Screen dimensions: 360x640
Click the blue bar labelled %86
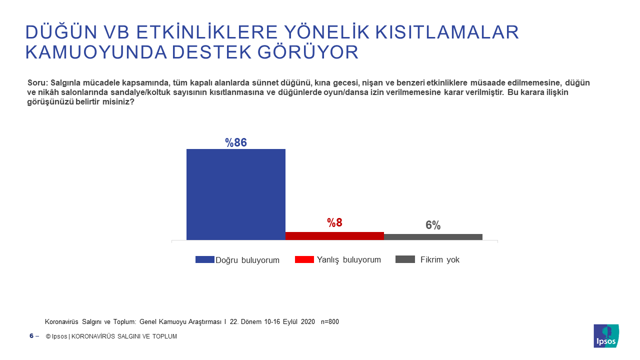coord(236,194)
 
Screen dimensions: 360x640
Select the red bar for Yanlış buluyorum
coord(334,236)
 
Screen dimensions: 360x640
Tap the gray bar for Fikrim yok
coord(433,237)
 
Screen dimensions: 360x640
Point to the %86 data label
coord(236,142)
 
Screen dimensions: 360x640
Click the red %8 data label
coord(334,223)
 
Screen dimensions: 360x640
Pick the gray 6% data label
coord(433,225)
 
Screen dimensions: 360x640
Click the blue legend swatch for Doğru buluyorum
coord(204,259)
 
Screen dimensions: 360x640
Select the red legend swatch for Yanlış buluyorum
coord(304,259)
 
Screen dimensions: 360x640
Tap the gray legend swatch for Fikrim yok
coord(405,259)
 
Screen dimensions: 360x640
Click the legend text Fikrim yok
coord(440,260)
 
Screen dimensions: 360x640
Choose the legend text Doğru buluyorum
coord(247,260)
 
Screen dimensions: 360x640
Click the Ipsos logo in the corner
coord(606,336)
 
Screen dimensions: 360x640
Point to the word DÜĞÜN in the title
coord(60,32)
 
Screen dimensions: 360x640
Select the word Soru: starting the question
coord(37,82)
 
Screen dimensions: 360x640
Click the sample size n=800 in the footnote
coord(329,322)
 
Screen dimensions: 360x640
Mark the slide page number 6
coord(31,336)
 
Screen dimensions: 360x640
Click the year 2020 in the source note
coord(307,322)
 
